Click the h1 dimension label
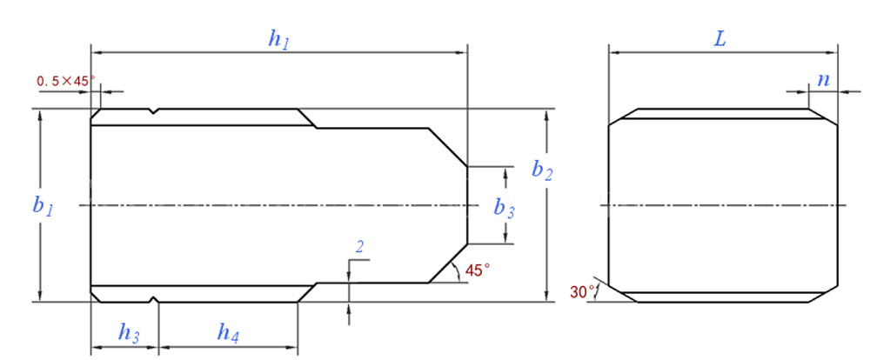(278, 38)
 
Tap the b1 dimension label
(43, 207)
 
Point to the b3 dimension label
(504, 207)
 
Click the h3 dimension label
(128, 332)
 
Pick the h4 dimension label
(229, 332)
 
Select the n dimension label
(822, 79)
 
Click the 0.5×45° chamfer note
(65, 81)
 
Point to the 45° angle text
(478, 270)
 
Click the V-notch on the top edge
(153, 111)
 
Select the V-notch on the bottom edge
(154, 300)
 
